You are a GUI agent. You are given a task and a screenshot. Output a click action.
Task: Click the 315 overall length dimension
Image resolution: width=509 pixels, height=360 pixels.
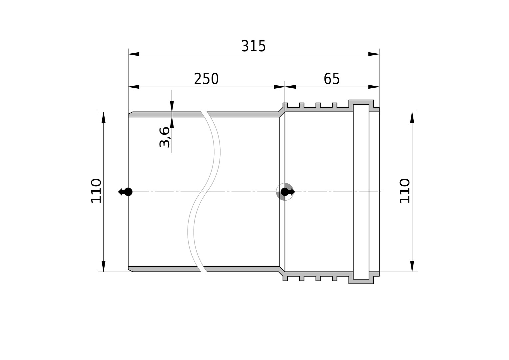pos(253,46)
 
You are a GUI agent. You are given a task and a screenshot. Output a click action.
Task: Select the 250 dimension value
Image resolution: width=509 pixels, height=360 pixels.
pos(206,79)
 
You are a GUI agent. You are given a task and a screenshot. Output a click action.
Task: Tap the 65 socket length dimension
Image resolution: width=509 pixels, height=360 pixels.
pos(331,79)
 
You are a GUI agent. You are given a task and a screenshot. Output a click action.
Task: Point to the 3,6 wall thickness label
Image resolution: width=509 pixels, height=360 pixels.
pos(164,137)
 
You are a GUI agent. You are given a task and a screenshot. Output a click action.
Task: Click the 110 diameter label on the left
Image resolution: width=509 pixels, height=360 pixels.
pos(96,191)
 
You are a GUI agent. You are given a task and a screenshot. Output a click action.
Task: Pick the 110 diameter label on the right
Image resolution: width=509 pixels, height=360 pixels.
pos(405,191)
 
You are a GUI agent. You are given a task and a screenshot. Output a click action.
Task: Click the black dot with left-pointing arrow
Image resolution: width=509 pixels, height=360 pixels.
pos(125,192)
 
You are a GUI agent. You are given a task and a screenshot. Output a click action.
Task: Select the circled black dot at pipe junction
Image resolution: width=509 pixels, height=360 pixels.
pos(285,192)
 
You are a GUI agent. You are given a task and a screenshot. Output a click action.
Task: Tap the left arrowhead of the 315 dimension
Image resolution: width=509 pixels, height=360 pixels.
pos(134,54)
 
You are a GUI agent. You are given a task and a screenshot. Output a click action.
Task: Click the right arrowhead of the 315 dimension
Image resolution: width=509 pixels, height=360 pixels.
pos(374,54)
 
